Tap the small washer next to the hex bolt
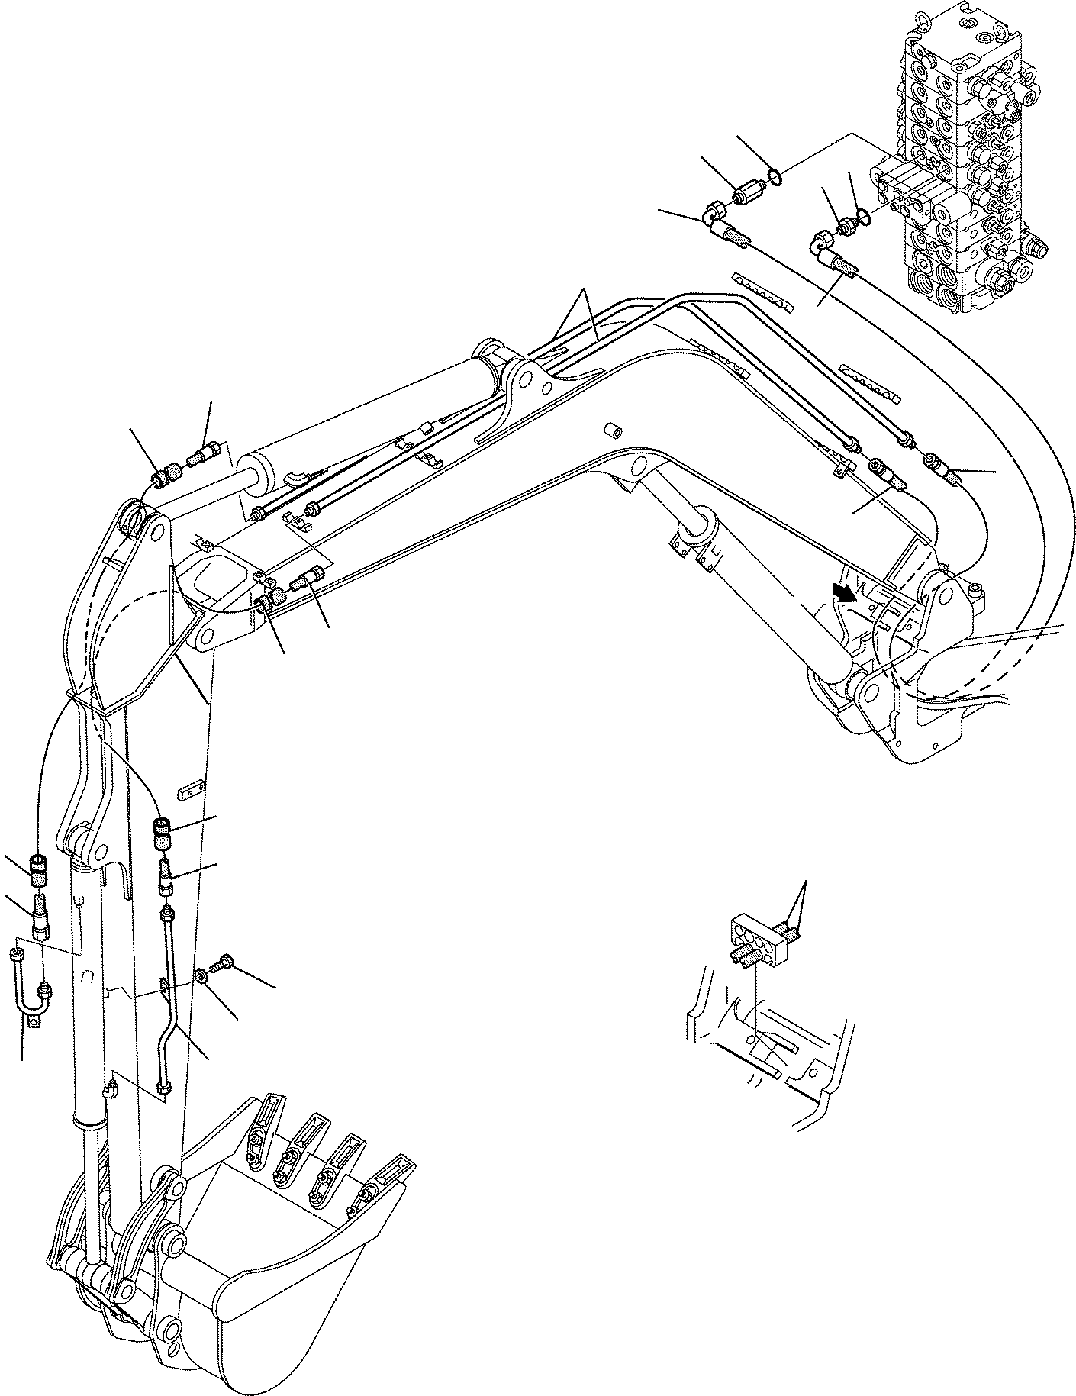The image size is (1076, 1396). pos(201,975)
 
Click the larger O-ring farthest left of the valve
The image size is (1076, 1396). pos(775,178)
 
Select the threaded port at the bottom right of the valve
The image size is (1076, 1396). pos(1036,248)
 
